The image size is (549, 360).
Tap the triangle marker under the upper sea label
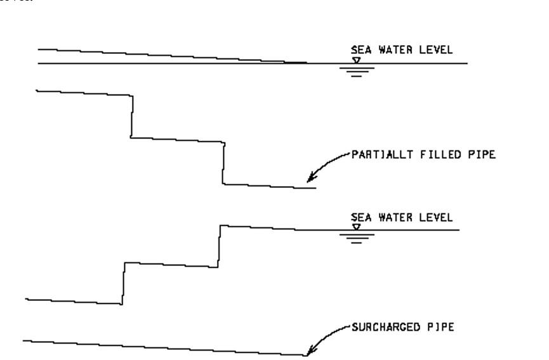point(356,60)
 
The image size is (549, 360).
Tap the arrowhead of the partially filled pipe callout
point(309,180)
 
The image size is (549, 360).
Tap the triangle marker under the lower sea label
point(356,226)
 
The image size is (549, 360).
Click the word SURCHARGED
point(380,328)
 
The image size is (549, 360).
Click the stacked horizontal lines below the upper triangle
point(356,70)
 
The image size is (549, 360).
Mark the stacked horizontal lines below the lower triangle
point(356,237)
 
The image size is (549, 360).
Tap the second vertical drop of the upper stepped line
point(223,163)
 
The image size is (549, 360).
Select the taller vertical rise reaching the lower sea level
point(220,245)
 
